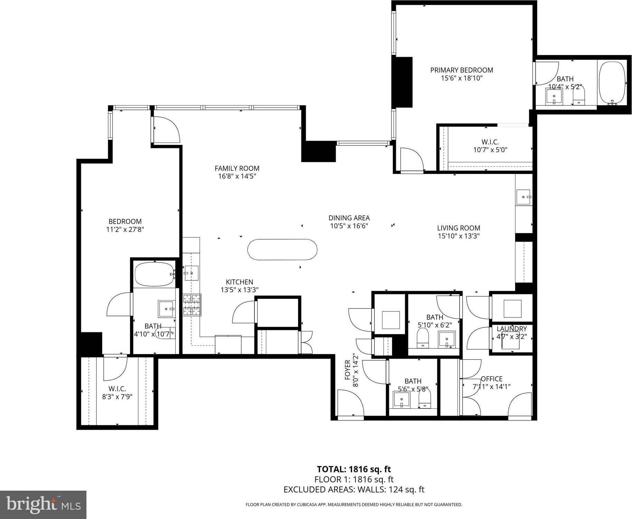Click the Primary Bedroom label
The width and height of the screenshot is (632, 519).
click(x=462, y=70)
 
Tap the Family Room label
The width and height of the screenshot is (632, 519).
click(x=237, y=168)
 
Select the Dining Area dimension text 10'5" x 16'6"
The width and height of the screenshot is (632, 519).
click(x=349, y=226)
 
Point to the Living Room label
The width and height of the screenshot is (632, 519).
click(x=458, y=228)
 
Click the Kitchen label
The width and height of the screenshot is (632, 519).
click(x=239, y=282)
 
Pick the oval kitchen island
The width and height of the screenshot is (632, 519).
click(x=282, y=249)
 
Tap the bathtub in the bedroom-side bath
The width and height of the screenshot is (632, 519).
click(x=154, y=274)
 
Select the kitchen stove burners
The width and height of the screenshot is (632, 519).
click(x=192, y=305)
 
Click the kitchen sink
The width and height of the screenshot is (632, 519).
click(x=191, y=273)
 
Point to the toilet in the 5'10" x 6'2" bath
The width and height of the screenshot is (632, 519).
click(x=423, y=338)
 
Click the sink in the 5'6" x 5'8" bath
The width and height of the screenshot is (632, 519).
click(x=402, y=400)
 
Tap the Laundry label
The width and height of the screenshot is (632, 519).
click(x=512, y=329)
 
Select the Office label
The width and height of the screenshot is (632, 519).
click(x=492, y=379)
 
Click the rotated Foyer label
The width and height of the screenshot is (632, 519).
click(x=348, y=370)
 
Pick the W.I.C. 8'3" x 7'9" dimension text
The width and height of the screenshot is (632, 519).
click(x=117, y=397)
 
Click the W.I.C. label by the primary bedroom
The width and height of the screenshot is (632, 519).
click(x=490, y=142)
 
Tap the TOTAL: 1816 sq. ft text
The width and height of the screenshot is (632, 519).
click(x=354, y=469)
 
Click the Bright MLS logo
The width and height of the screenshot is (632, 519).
click(x=43, y=505)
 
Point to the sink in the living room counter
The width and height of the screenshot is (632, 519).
click(x=523, y=197)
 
